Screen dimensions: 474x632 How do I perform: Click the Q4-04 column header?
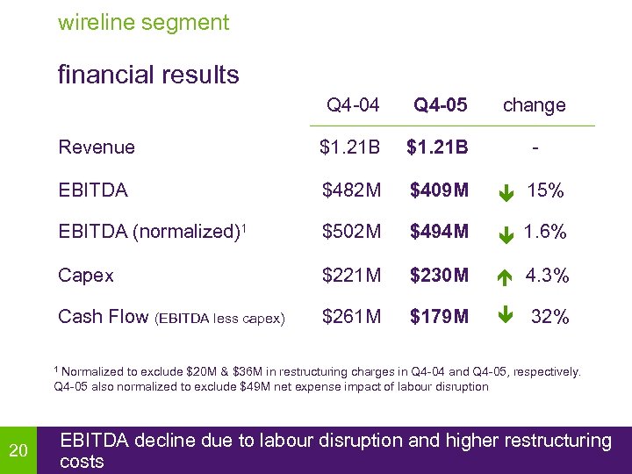(x=353, y=105)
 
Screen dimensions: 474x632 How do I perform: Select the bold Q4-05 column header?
(x=441, y=105)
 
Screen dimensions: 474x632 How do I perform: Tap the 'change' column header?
(x=534, y=105)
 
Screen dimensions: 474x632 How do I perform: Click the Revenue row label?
(x=97, y=147)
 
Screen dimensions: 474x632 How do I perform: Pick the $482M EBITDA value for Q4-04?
(x=352, y=190)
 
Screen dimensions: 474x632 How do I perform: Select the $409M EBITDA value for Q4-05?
(x=440, y=190)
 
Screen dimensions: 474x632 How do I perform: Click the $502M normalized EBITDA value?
(x=352, y=232)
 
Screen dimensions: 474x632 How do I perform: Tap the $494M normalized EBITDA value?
(x=440, y=232)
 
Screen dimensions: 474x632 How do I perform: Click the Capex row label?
(x=86, y=275)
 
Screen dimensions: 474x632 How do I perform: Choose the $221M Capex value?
(x=352, y=275)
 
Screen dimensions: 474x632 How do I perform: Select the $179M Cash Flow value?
(x=440, y=316)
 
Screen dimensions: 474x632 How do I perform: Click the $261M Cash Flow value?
(x=352, y=316)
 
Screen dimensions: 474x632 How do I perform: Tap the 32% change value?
(x=550, y=317)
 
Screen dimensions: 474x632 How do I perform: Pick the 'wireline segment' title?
(x=143, y=22)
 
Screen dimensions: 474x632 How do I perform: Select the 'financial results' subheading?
(x=148, y=75)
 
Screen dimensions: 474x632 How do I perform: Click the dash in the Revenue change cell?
(x=535, y=147)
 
